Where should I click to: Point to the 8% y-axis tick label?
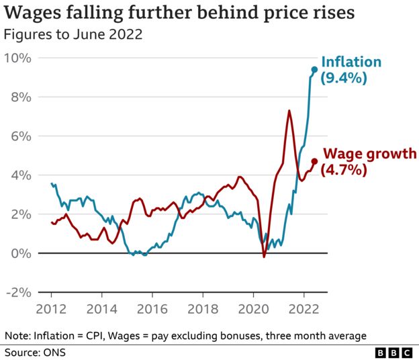coord(21,97)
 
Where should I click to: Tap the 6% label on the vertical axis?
coord(21,136)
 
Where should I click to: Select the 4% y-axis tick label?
coord(21,175)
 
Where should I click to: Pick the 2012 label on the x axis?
coord(52,310)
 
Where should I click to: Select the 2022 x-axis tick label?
coord(304,310)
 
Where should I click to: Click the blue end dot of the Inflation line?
coord(314,69)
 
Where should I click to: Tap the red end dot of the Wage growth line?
coord(314,161)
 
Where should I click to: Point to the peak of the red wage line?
coord(289,111)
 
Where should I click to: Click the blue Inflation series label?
coord(351,62)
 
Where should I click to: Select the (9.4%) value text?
coord(342,79)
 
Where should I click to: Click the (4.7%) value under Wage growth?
coord(344,170)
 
